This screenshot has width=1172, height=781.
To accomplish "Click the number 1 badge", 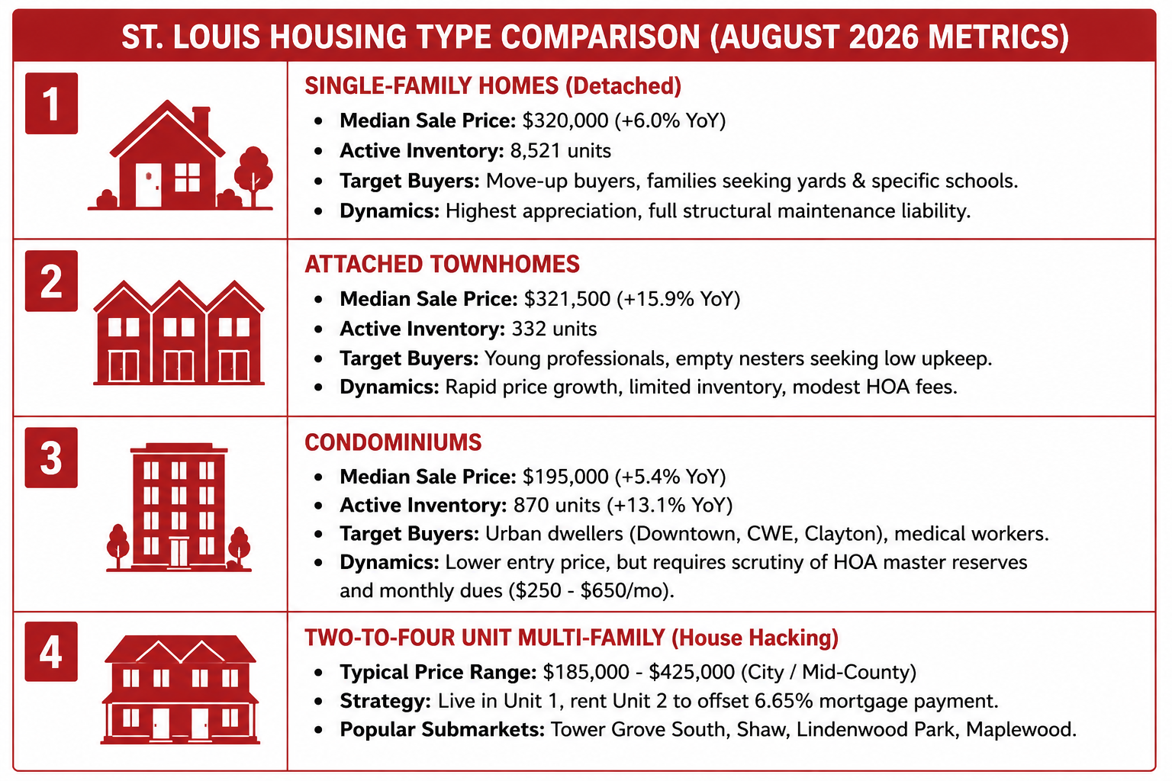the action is tap(51, 104).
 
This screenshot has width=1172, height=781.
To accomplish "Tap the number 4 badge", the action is tap(51, 652).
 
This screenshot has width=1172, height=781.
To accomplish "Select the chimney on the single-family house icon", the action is tap(201, 122).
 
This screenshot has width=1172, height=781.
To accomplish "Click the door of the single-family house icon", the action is tap(149, 185).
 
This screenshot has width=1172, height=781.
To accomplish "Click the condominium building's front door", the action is tap(179, 552).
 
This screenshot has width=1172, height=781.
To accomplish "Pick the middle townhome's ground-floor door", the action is tap(179, 365).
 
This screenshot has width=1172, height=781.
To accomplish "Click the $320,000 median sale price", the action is tap(565, 121).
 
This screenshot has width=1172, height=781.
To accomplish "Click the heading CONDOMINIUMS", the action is tap(393, 442).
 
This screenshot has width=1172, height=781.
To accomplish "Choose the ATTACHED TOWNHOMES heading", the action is tap(442, 264).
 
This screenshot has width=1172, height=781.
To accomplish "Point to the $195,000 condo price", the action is tap(565, 477).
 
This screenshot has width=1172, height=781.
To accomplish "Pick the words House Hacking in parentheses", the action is tap(755, 638).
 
